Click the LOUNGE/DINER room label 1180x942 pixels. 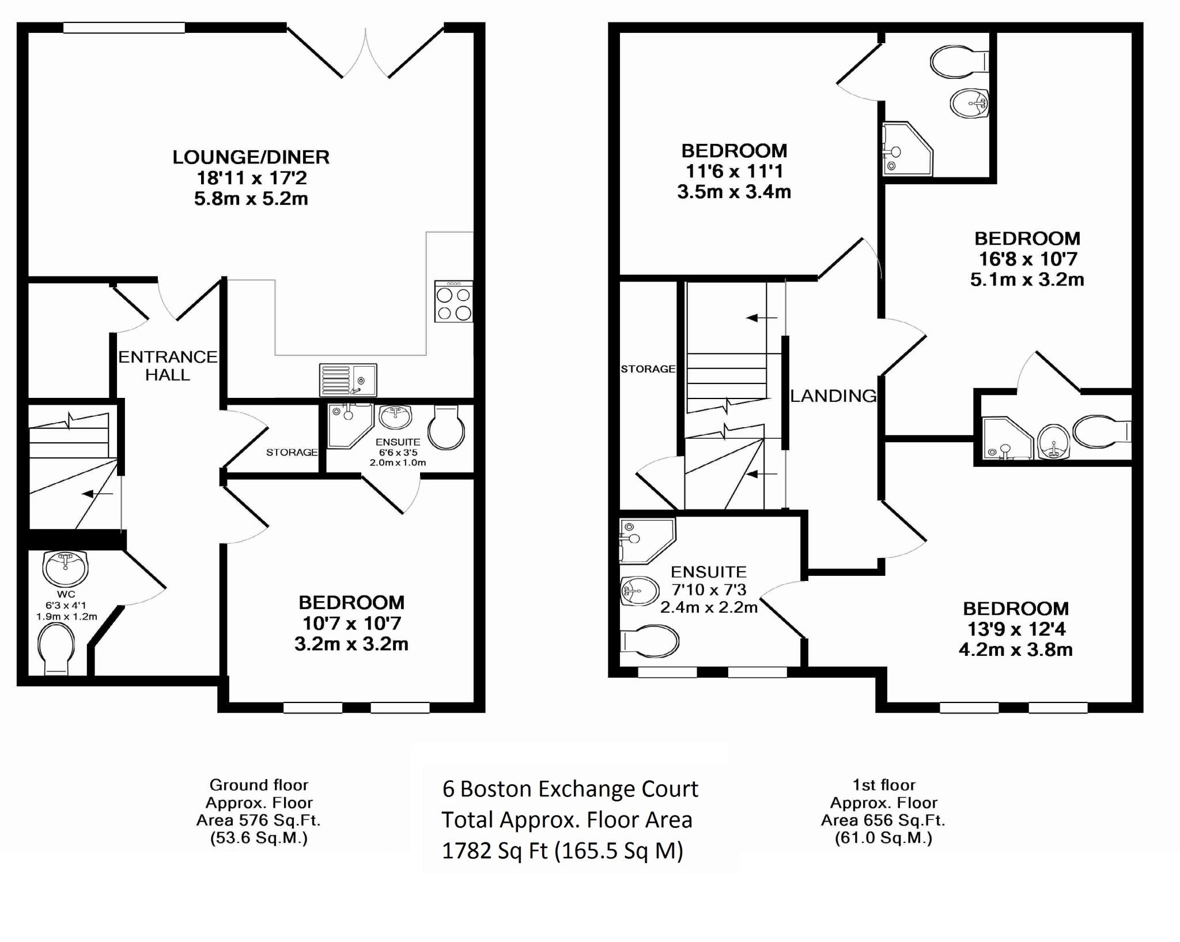251,157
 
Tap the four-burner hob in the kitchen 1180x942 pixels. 454,301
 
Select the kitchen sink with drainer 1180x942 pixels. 349,380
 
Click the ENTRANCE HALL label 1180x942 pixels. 168,366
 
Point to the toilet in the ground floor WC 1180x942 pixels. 56,649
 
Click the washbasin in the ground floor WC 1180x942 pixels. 65,567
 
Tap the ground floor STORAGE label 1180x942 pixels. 292,453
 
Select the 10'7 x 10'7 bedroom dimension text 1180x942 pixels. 351,623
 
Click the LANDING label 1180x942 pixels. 833,396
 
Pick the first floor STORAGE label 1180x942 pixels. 648,369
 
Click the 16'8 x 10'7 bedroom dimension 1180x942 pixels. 1027,259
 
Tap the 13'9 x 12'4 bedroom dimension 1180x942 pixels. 1016,629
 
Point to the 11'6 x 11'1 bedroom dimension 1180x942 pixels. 734,171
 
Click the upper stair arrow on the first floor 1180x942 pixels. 761,318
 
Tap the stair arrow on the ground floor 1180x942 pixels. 97,493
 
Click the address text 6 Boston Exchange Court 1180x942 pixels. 570,789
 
